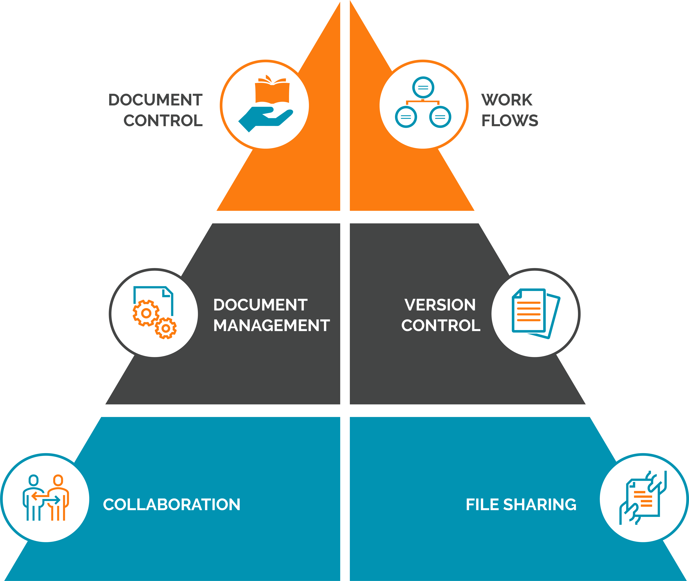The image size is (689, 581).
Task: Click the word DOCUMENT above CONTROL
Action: click(x=155, y=100)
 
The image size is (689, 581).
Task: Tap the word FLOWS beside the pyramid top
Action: click(x=510, y=121)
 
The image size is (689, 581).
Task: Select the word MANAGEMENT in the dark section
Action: click(x=271, y=325)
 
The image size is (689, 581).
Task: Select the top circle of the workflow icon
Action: click(x=423, y=87)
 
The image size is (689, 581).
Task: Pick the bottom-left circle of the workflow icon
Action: click(x=406, y=117)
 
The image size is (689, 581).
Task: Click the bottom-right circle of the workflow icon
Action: click(x=440, y=117)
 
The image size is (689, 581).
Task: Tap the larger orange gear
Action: click(x=146, y=313)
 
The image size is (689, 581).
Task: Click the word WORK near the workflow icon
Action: click(x=507, y=100)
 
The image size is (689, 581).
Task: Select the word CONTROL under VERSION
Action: click(x=441, y=325)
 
